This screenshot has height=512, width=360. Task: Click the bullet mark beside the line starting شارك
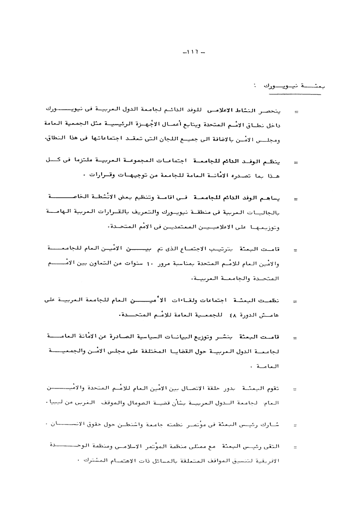pos(295,425)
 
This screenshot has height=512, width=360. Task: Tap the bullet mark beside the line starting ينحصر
pos(295,113)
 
